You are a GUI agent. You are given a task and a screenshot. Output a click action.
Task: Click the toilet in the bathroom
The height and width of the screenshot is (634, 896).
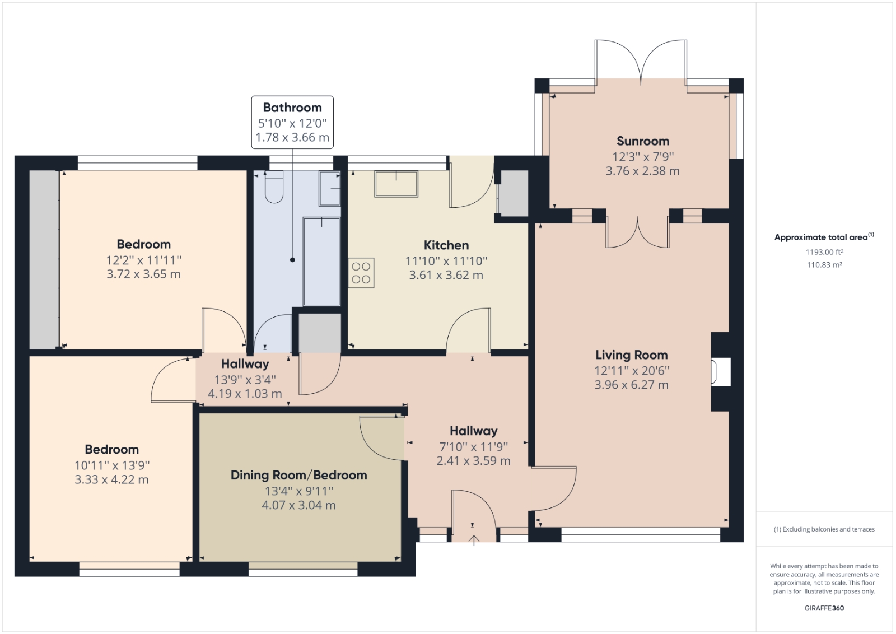click(x=274, y=187)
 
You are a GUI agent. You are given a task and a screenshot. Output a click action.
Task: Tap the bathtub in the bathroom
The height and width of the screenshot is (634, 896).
click(x=321, y=260)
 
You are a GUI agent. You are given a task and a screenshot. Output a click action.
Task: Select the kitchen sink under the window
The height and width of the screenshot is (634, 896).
click(x=396, y=184)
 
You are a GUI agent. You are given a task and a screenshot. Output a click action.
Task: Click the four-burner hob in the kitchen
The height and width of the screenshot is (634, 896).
click(x=361, y=273)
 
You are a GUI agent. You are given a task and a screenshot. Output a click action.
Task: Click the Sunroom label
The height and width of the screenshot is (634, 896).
click(x=642, y=141)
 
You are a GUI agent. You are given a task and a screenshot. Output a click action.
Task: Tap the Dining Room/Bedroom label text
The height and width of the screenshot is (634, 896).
click(x=298, y=475)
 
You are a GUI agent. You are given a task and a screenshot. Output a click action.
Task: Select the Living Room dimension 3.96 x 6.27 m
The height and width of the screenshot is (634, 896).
click(x=631, y=385)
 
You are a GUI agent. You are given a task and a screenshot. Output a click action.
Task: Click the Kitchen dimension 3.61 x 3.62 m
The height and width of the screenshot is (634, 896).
click(x=446, y=275)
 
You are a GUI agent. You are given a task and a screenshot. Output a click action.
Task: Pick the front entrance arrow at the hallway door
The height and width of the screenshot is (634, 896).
click(x=474, y=540)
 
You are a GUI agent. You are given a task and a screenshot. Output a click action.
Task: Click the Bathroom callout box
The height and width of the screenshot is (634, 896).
click(x=292, y=122)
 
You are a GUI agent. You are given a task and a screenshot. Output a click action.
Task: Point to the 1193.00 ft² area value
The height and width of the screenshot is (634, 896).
click(x=824, y=252)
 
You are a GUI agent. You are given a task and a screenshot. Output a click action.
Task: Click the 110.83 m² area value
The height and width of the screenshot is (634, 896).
click(x=824, y=265)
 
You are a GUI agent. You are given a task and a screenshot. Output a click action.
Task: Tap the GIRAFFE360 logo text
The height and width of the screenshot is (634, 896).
click(x=824, y=608)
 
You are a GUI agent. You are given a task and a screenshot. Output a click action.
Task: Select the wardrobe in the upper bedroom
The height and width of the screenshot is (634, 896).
click(x=44, y=259)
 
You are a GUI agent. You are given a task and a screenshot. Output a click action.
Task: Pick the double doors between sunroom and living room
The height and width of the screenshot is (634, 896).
click(x=637, y=232)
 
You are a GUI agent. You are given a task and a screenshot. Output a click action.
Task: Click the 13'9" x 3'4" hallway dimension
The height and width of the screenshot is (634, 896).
click(x=245, y=380)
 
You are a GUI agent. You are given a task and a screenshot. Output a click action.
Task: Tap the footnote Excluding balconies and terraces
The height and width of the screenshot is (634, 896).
click(x=824, y=529)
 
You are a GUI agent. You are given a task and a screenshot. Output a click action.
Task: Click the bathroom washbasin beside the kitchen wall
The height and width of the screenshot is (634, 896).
click(x=330, y=188)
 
